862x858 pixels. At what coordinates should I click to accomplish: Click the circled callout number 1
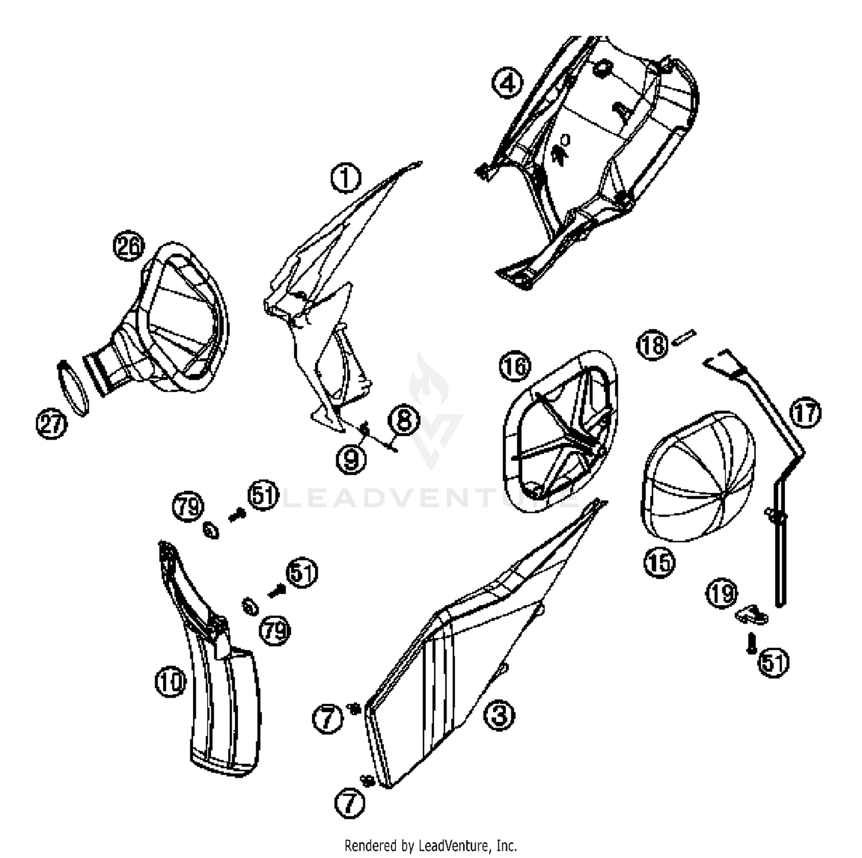(345, 178)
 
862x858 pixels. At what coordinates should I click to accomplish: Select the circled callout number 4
(507, 83)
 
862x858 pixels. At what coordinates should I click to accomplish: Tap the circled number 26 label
(128, 247)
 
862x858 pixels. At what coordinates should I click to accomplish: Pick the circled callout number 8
(405, 420)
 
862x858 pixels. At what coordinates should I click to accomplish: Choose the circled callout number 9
(351, 459)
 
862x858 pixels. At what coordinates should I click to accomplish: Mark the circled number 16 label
(515, 366)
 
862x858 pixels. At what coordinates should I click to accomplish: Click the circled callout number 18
(652, 345)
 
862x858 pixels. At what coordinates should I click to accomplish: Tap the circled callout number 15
(659, 562)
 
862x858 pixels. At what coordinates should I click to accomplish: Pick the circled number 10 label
(171, 682)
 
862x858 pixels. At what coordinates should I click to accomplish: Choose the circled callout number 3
(499, 715)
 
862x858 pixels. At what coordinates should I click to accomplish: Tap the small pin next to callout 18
(686, 335)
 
